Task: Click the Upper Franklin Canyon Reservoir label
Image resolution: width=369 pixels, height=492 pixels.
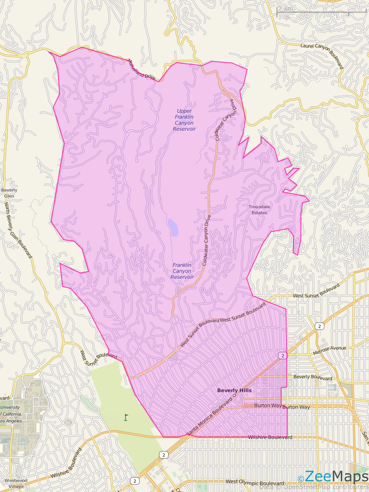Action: [x=184, y=120]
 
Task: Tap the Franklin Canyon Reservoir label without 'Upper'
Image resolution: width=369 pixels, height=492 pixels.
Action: [x=182, y=271]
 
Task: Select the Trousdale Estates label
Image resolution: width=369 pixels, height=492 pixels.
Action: [x=259, y=210]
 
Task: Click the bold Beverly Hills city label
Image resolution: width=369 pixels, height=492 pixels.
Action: [x=234, y=390]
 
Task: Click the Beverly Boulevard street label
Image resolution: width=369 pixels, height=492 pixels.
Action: [x=313, y=378]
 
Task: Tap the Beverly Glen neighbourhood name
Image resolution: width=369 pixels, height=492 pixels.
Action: [x=9, y=193]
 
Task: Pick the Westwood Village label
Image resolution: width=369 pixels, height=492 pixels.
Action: [x=16, y=483]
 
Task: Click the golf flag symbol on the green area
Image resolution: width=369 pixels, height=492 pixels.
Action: [x=126, y=417]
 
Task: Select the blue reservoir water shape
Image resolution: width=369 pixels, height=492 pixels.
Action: [x=173, y=227]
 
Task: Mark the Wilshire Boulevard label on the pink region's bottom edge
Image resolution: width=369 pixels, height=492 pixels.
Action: [x=270, y=437]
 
